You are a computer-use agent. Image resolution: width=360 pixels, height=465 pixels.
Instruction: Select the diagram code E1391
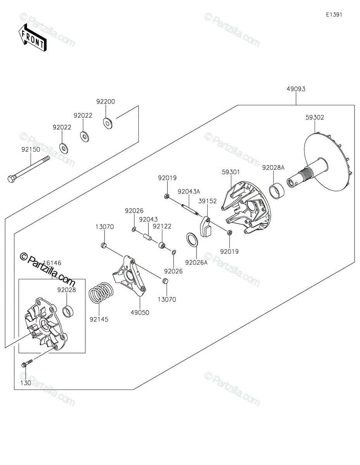point(334,15)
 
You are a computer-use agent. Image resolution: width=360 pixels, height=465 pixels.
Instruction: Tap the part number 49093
point(296,89)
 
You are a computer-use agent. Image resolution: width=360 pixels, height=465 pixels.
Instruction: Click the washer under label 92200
point(107,123)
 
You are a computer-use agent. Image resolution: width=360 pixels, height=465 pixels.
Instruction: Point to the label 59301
point(231,171)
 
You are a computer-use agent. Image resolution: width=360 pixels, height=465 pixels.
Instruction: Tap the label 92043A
point(189,191)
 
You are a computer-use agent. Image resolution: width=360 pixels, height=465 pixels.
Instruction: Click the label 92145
point(99,319)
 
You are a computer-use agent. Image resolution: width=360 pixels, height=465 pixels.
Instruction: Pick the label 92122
point(162,226)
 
